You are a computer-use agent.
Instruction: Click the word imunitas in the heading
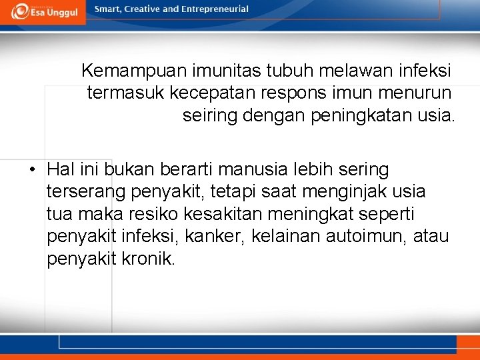click(217, 70)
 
